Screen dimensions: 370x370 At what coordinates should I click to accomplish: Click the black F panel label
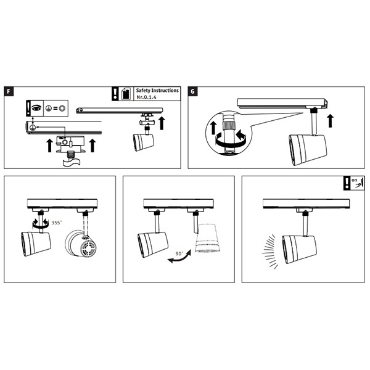point(9,91)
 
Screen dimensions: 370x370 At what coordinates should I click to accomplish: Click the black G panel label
point(192,91)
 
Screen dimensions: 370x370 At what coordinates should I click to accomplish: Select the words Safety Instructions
point(157,91)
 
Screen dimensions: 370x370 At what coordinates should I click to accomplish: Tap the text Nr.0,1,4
point(146,97)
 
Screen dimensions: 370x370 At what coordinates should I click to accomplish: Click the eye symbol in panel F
point(37,108)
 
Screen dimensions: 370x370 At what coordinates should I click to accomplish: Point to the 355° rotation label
point(57,223)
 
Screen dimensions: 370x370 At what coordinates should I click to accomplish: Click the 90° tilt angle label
point(179,253)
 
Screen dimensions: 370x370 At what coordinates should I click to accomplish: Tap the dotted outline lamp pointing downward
point(208,238)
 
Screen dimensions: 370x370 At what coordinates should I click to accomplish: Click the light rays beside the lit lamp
point(270,252)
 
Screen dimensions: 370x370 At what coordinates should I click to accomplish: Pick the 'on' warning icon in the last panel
point(354,183)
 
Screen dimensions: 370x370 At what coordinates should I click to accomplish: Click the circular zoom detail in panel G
point(229,133)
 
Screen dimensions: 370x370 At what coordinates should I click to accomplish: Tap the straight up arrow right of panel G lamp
point(331,121)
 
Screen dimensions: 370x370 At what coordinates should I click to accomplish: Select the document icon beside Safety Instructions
point(126,94)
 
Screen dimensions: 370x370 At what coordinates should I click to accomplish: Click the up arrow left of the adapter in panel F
point(49,146)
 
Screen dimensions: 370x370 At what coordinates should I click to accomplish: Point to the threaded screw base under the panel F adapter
point(71,156)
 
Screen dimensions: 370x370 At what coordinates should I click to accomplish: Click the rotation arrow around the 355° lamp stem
point(41,223)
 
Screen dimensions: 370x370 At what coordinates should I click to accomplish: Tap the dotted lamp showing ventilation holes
point(81,244)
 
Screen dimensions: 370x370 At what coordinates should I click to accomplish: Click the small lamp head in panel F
point(144,142)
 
